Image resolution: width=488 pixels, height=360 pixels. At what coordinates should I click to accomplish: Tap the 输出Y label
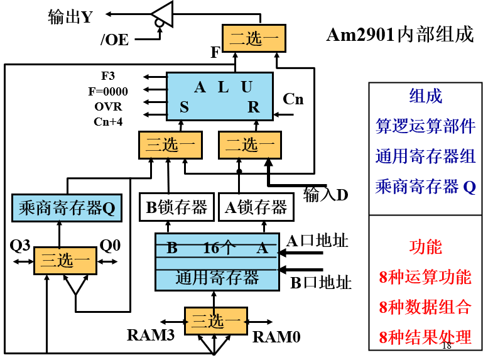tap(70, 17)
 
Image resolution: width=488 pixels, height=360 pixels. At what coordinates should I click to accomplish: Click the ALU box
tap(219, 95)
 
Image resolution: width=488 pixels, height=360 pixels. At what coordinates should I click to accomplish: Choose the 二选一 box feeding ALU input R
tap(250, 146)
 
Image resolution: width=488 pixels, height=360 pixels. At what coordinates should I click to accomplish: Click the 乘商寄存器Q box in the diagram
tap(67, 208)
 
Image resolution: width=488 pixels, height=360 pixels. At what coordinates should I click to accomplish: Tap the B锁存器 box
tap(176, 208)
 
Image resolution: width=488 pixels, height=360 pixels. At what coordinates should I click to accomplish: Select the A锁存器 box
tap(256, 208)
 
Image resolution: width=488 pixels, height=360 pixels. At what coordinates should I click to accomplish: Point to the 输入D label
tap(325, 194)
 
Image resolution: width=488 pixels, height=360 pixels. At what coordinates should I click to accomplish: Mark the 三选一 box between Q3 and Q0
tap(65, 260)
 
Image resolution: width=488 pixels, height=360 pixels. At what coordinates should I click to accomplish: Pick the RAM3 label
tap(150, 335)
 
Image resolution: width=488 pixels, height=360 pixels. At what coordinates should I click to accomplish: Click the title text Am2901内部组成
tap(399, 35)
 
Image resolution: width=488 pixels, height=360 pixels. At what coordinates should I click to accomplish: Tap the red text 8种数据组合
tap(425, 307)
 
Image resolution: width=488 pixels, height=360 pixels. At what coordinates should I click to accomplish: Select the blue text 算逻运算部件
tap(425, 126)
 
